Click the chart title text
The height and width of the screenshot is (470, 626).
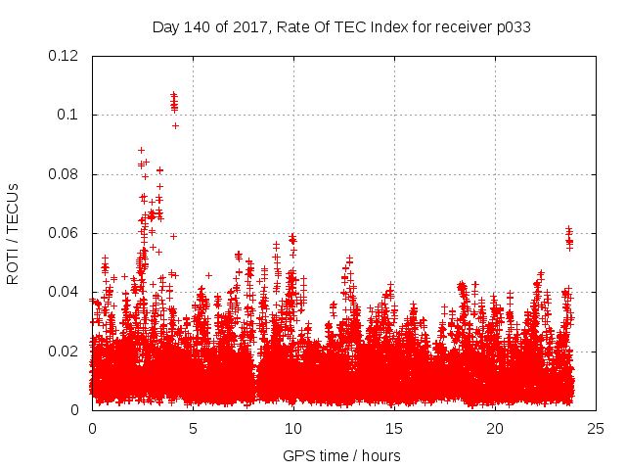tap(341, 26)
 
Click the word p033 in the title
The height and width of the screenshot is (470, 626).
tap(513, 26)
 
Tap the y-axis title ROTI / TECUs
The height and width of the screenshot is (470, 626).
tap(14, 233)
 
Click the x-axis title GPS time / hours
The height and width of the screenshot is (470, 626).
tap(341, 455)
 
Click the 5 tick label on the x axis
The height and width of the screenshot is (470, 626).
tap(193, 428)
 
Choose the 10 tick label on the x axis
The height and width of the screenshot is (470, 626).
tap(293, 428)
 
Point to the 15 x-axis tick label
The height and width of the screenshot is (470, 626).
tap(394, 428)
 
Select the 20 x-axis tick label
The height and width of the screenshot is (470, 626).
tap(495, 428)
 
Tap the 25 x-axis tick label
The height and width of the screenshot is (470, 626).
tap(596, 428)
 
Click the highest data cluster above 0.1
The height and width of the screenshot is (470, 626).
tap(174, 101)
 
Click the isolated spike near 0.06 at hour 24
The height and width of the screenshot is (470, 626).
tap(569, 235)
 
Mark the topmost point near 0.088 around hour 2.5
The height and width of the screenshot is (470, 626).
tap(142, 150)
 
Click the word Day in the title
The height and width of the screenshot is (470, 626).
tap(167, 26)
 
